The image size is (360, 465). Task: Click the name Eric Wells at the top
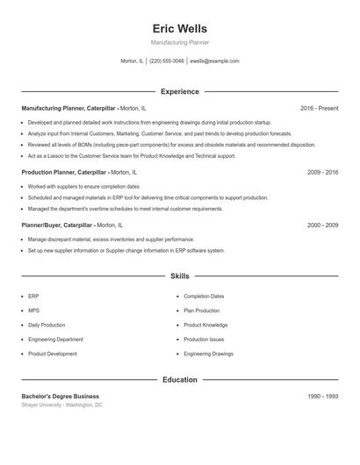(179, 28)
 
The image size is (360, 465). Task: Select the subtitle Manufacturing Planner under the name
(179, 42)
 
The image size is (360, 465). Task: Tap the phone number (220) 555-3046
(166, 61)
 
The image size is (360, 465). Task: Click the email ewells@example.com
(214, 61)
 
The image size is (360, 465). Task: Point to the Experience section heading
(179, 91)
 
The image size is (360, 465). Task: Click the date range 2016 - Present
(319, 108)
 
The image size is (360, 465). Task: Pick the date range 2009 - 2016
(322, 173)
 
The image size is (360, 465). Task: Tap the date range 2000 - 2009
(322, 225)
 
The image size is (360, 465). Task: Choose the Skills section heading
(179, 275)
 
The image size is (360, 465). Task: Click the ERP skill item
(33, 297)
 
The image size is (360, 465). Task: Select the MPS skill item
(33, 311)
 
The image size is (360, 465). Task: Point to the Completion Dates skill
(204, 297)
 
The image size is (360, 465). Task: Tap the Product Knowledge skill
(205, 325)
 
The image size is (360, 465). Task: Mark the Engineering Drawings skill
(208, 354)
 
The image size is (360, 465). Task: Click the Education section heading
(179, 380)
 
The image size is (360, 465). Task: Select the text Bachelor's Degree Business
(61, 397)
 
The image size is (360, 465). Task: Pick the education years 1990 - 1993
(322, 397)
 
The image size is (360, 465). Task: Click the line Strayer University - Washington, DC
(62, 405)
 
